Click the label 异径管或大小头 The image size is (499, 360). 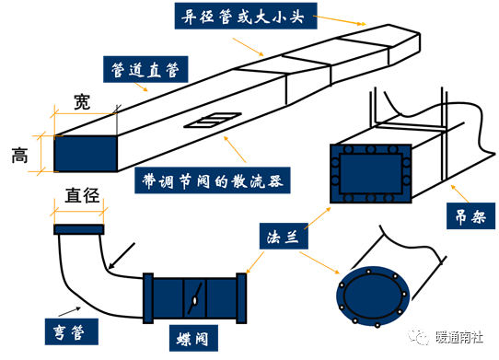[246, 16]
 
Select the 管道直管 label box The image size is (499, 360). [145, 69]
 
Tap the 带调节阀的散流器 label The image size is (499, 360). [213, 180]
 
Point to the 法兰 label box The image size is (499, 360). [284, 236]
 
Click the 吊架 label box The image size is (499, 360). [470, 215]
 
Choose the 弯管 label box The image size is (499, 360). [71, 331]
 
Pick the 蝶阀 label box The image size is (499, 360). [193, 338]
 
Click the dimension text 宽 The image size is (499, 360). [82, 102]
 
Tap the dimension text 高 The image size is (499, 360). [19, 156]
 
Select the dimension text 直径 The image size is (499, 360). [82, 195]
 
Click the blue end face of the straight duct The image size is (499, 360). [86, 154]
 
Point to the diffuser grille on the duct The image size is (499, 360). [213, 120]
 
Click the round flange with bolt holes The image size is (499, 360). [373, 296]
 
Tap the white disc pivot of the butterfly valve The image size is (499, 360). [194, 300]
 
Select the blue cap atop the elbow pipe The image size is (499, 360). [79, 229]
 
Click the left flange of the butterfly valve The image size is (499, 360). [148, 298]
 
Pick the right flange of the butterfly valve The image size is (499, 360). [241, 298]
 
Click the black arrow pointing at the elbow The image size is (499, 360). [122, 256]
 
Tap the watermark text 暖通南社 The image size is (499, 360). [458, 337]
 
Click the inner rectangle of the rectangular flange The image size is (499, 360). [371, 174]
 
